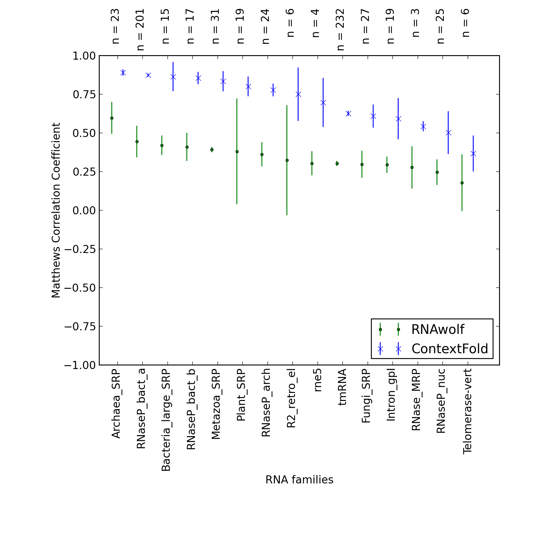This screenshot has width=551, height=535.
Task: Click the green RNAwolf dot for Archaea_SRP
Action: click(x=112, y=118)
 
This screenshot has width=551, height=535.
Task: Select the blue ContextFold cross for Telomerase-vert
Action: click(x=473, y=153)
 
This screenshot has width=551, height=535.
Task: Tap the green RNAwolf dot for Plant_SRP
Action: click(x=237, y=151)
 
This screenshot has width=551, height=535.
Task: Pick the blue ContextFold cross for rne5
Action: click(x=323, y=102)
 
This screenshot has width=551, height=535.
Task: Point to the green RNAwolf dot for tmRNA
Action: click(x=337, y=163)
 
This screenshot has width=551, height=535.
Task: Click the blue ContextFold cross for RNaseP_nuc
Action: click(x=448, y=132)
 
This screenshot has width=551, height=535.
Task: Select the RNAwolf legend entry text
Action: click(x=438, y=329)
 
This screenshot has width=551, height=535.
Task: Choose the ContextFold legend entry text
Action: click(x=450, y=349)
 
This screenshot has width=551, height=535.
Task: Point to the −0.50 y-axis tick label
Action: click(x=80, y=288)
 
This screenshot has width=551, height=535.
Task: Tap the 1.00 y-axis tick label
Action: click(x=84, y=56)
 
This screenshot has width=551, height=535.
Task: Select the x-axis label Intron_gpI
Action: click(x=391, y=395)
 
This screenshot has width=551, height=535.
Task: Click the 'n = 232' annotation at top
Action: click(x=341, y=30)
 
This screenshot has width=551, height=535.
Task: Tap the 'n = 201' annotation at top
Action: click(x=140, y=30)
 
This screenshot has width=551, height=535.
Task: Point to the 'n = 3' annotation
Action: click(x=416, y=23)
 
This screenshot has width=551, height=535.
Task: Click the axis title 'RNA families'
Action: click(x=299, y=480)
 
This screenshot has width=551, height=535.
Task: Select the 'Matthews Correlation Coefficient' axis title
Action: click(x=56, y=210)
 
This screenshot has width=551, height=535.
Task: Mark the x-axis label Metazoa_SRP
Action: click(x=216, y=404)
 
